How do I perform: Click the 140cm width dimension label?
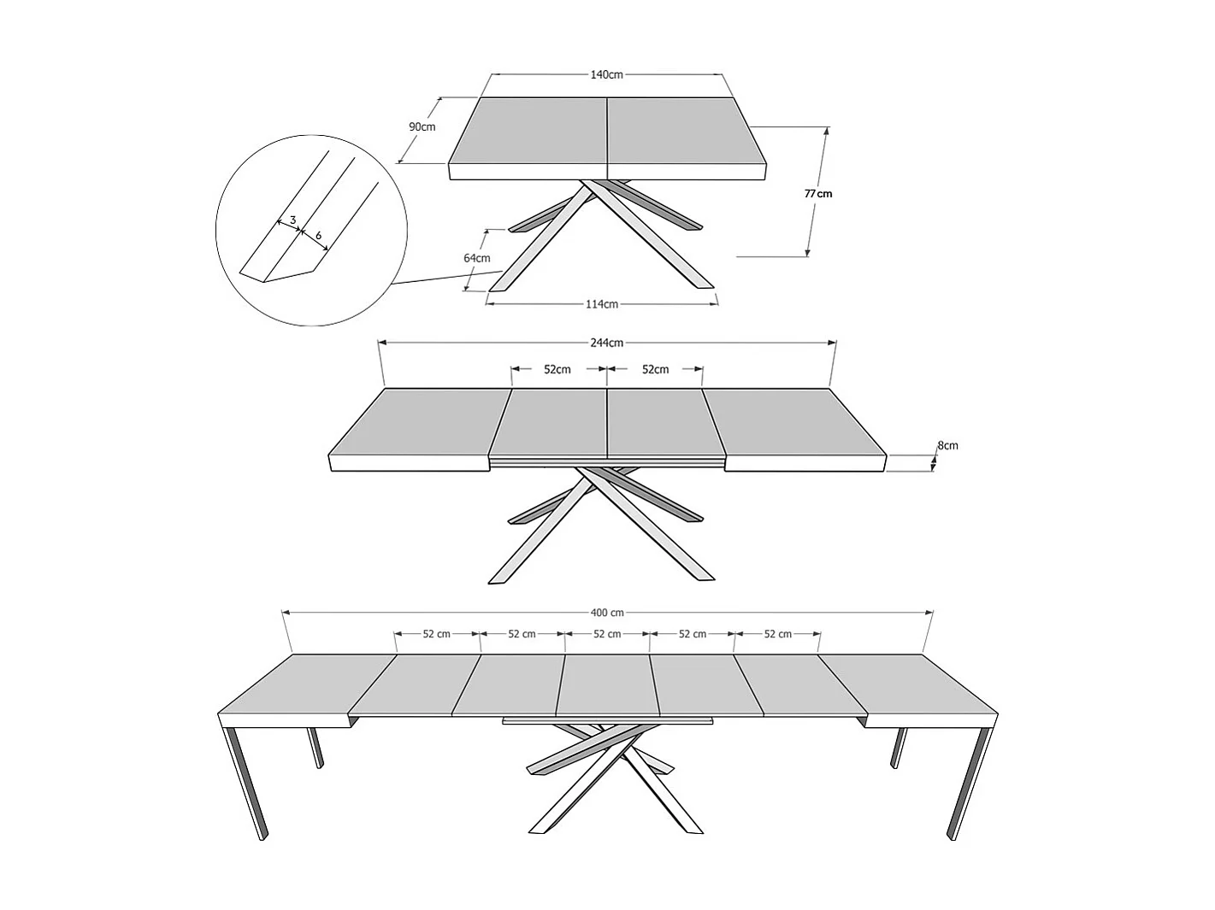[606, 74]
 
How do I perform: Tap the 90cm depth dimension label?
[422, 127]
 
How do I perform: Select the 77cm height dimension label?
[818, 194]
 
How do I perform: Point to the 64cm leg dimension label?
[476, 258]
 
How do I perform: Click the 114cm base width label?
[602, 304]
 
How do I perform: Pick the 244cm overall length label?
[606, 343]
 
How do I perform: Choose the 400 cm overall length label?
[607, 613]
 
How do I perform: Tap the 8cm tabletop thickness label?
[947, 445]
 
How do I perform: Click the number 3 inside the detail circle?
[292, 220]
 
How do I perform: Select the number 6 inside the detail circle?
[318, 235]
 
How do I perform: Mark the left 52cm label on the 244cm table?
[557, 369]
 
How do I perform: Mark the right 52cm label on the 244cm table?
[655, 369]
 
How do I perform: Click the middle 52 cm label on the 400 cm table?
[607, 634]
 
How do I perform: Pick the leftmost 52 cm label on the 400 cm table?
[436, 634]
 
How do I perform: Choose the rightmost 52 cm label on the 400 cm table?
[777, 634]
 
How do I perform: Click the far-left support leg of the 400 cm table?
[246, 782]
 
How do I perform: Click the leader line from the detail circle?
[445, 277]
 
